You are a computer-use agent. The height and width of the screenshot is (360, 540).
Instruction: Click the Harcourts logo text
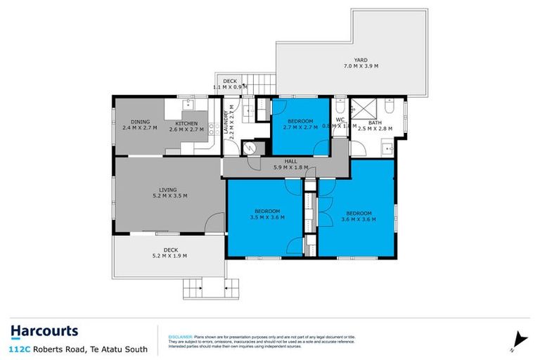(44, 330)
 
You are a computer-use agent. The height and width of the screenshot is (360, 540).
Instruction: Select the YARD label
(361, 63)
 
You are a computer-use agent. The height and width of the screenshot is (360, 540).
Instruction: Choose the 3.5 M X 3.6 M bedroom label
(266, 215)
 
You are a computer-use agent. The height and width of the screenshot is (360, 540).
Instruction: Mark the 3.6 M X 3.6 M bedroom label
(358, 216)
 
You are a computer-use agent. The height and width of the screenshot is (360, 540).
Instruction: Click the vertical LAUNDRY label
(226, 125)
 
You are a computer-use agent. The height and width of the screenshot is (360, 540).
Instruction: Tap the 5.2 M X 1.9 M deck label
(169, 253)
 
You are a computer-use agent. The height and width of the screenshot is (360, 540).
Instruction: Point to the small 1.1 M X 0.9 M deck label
(230, 84)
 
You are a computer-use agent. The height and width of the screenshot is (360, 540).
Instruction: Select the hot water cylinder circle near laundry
(247, 148)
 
